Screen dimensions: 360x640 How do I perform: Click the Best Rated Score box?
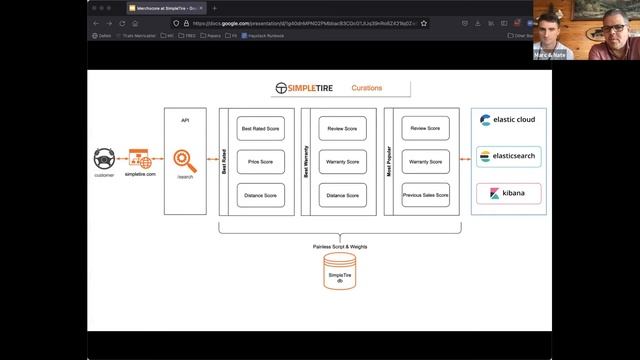pos(259,129)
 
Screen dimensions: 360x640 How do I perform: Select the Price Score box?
pos(259,161)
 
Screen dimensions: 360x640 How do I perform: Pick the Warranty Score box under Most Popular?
pos(426,161)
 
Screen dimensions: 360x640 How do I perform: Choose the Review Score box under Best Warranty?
pos(342,129)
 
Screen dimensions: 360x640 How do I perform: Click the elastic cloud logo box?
pos(508,121)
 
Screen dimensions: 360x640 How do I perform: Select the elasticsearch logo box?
pos(508,157)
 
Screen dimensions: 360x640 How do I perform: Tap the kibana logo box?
pos(508,193)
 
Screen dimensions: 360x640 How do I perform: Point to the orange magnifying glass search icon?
pos(184,160)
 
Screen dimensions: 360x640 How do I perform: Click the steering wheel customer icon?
pos(104,159)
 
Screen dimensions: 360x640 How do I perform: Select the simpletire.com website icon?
pos(138,160)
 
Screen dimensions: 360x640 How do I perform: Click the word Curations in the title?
pos(366,88)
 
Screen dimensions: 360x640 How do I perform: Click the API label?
pos(184,120)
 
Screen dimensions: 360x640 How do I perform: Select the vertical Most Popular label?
pos(389,161)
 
